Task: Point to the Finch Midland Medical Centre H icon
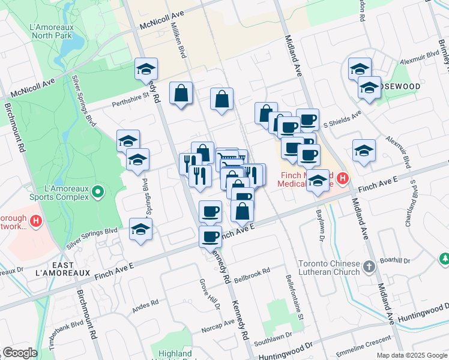pos(342,178)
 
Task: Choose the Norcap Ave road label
pos(218,324)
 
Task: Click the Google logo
pos(20,352)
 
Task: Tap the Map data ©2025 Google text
pos(412,355)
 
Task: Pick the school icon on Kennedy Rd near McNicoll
pos(145,70)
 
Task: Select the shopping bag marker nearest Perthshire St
pos(181,93)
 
